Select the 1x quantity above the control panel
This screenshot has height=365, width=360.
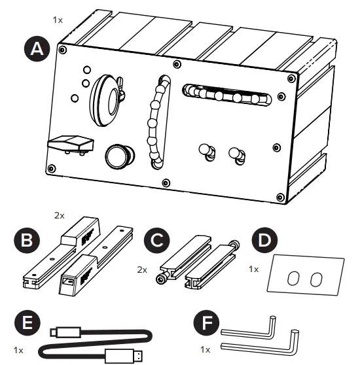[x=58, y=20]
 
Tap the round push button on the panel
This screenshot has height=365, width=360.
[x=118, y=156]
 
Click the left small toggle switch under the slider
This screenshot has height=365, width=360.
[x=207, y=152]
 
